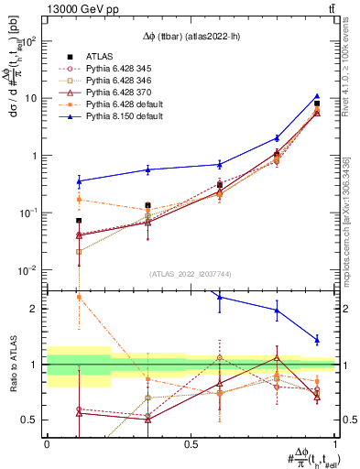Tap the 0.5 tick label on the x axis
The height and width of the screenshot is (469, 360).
click(190, 443)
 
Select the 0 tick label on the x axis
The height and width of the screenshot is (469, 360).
click(47, 443)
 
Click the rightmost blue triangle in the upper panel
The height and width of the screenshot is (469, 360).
click(316, 96)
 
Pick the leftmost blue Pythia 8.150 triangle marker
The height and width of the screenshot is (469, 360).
click(79, 181)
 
